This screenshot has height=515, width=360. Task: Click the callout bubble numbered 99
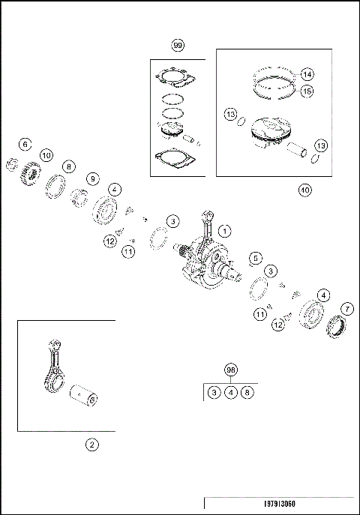point(178,45)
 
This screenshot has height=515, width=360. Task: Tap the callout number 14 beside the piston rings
point(307,74)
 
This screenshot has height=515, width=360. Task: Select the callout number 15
point(307,91)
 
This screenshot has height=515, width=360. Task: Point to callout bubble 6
point(25,144)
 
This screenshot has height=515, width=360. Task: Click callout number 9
point(93,179)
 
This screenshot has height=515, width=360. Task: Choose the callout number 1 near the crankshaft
point(225,231)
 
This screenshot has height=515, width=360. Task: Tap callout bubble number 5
point(256,258)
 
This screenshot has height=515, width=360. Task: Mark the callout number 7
point(347,309)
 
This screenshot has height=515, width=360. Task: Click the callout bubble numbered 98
point(231,370)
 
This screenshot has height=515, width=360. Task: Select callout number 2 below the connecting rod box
point(91,445)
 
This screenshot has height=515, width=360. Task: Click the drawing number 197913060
point(280,504)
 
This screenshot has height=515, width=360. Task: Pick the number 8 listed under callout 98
point(247,392)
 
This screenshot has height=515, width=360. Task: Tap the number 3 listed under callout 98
point(214,392)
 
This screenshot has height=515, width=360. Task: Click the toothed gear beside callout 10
point(30,172)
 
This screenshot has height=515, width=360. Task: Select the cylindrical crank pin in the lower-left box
point(84,396)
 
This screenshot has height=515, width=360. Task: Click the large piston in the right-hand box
point(271,133)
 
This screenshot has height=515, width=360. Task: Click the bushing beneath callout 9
point(78,198)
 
